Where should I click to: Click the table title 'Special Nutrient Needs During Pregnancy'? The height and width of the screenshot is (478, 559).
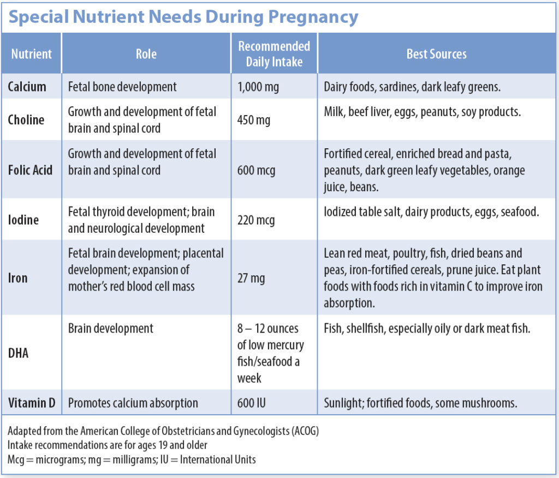[183, 17]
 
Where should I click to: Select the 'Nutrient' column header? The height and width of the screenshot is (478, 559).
[32, 54]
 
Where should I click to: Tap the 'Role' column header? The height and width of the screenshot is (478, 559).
[146, 54]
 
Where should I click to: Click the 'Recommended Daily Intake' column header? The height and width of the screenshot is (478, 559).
[273, 54]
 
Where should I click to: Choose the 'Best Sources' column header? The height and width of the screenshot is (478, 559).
[436, 54]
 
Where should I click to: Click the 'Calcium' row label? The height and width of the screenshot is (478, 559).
[27, 87]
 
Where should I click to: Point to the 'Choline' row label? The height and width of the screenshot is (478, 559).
[26, 120]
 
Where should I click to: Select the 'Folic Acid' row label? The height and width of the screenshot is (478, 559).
[30, 170]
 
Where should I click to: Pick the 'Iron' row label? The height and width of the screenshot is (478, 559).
[17, 278]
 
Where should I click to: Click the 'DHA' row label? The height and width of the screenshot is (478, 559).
[19, 353]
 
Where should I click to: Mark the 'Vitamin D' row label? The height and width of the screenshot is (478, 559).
[32, 404]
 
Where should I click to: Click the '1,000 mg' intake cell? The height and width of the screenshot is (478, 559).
[258, 87]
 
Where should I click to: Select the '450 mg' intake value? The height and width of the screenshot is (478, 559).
[254, 120]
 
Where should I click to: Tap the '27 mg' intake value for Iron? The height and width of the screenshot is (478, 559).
[251, 278]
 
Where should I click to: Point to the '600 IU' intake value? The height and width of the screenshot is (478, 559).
[252, 404]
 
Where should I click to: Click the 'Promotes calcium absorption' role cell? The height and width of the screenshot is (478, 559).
[133, 404]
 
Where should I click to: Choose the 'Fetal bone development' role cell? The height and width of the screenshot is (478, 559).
[122, 87]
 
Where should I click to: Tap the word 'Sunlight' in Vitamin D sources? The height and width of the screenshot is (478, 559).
[343, 404]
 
